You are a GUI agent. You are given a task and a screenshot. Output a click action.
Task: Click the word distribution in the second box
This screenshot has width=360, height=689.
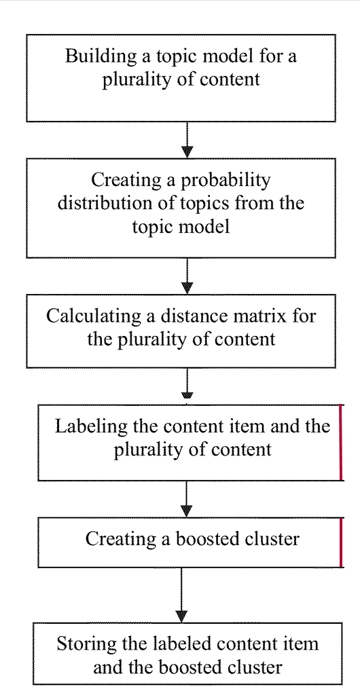[103, 204]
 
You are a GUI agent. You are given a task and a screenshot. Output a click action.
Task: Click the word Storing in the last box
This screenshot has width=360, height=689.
[84, 645]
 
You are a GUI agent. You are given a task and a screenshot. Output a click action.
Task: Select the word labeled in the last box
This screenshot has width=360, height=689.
[191, 644]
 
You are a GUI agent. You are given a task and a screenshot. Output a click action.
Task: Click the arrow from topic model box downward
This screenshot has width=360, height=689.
[187, 140]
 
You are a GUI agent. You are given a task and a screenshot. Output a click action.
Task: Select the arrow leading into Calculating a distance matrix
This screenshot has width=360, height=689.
[187, 276]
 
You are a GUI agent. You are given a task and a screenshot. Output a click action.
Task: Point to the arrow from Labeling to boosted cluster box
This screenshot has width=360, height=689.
[187, 499]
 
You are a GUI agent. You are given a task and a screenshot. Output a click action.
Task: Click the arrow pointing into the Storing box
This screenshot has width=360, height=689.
[181, 595]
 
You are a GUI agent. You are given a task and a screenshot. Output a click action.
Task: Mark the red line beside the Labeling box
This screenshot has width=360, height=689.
[341, 443]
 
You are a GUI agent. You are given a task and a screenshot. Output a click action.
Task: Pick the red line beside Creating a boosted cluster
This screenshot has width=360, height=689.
[341, 542]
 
